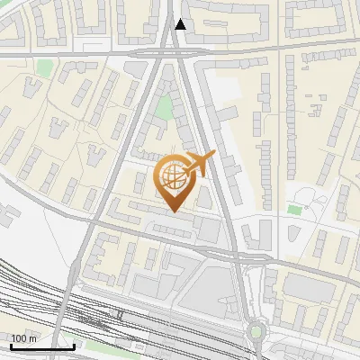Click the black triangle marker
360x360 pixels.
pos(181,25)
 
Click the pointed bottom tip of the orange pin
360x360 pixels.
pos(174,211)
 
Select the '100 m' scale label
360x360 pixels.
pos(23,338)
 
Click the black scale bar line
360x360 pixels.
pos(42,346)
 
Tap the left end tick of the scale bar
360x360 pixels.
pos(11,345)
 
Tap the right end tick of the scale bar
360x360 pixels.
pos(74,345)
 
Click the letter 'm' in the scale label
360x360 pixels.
pos(32,338)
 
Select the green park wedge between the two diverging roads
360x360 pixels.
pos(164,108)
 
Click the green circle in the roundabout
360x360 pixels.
pos(257,332)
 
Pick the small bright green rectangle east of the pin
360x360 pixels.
pos(294,210)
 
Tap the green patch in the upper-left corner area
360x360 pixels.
pos(44,67)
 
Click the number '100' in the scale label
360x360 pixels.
pos(19,338)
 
